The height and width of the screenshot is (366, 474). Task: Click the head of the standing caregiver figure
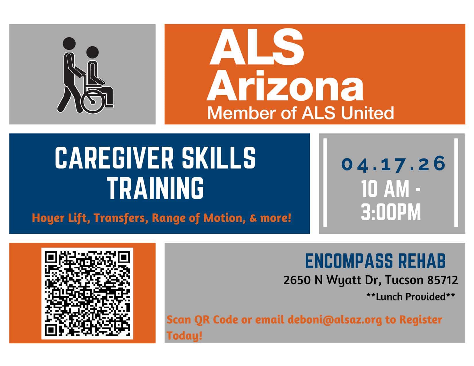tap(69, 43)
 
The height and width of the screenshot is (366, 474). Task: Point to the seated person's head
tap(93, 53)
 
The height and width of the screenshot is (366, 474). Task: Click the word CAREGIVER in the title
tap(115, 158)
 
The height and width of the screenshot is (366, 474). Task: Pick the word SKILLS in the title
tap(219, 158)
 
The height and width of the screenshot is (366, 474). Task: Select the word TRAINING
tap(156, 188)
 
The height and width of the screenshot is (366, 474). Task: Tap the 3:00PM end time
tap(391, 212)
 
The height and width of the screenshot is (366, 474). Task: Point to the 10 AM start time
tap(385, 189)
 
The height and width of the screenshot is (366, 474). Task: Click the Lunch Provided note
tap(411, 297)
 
